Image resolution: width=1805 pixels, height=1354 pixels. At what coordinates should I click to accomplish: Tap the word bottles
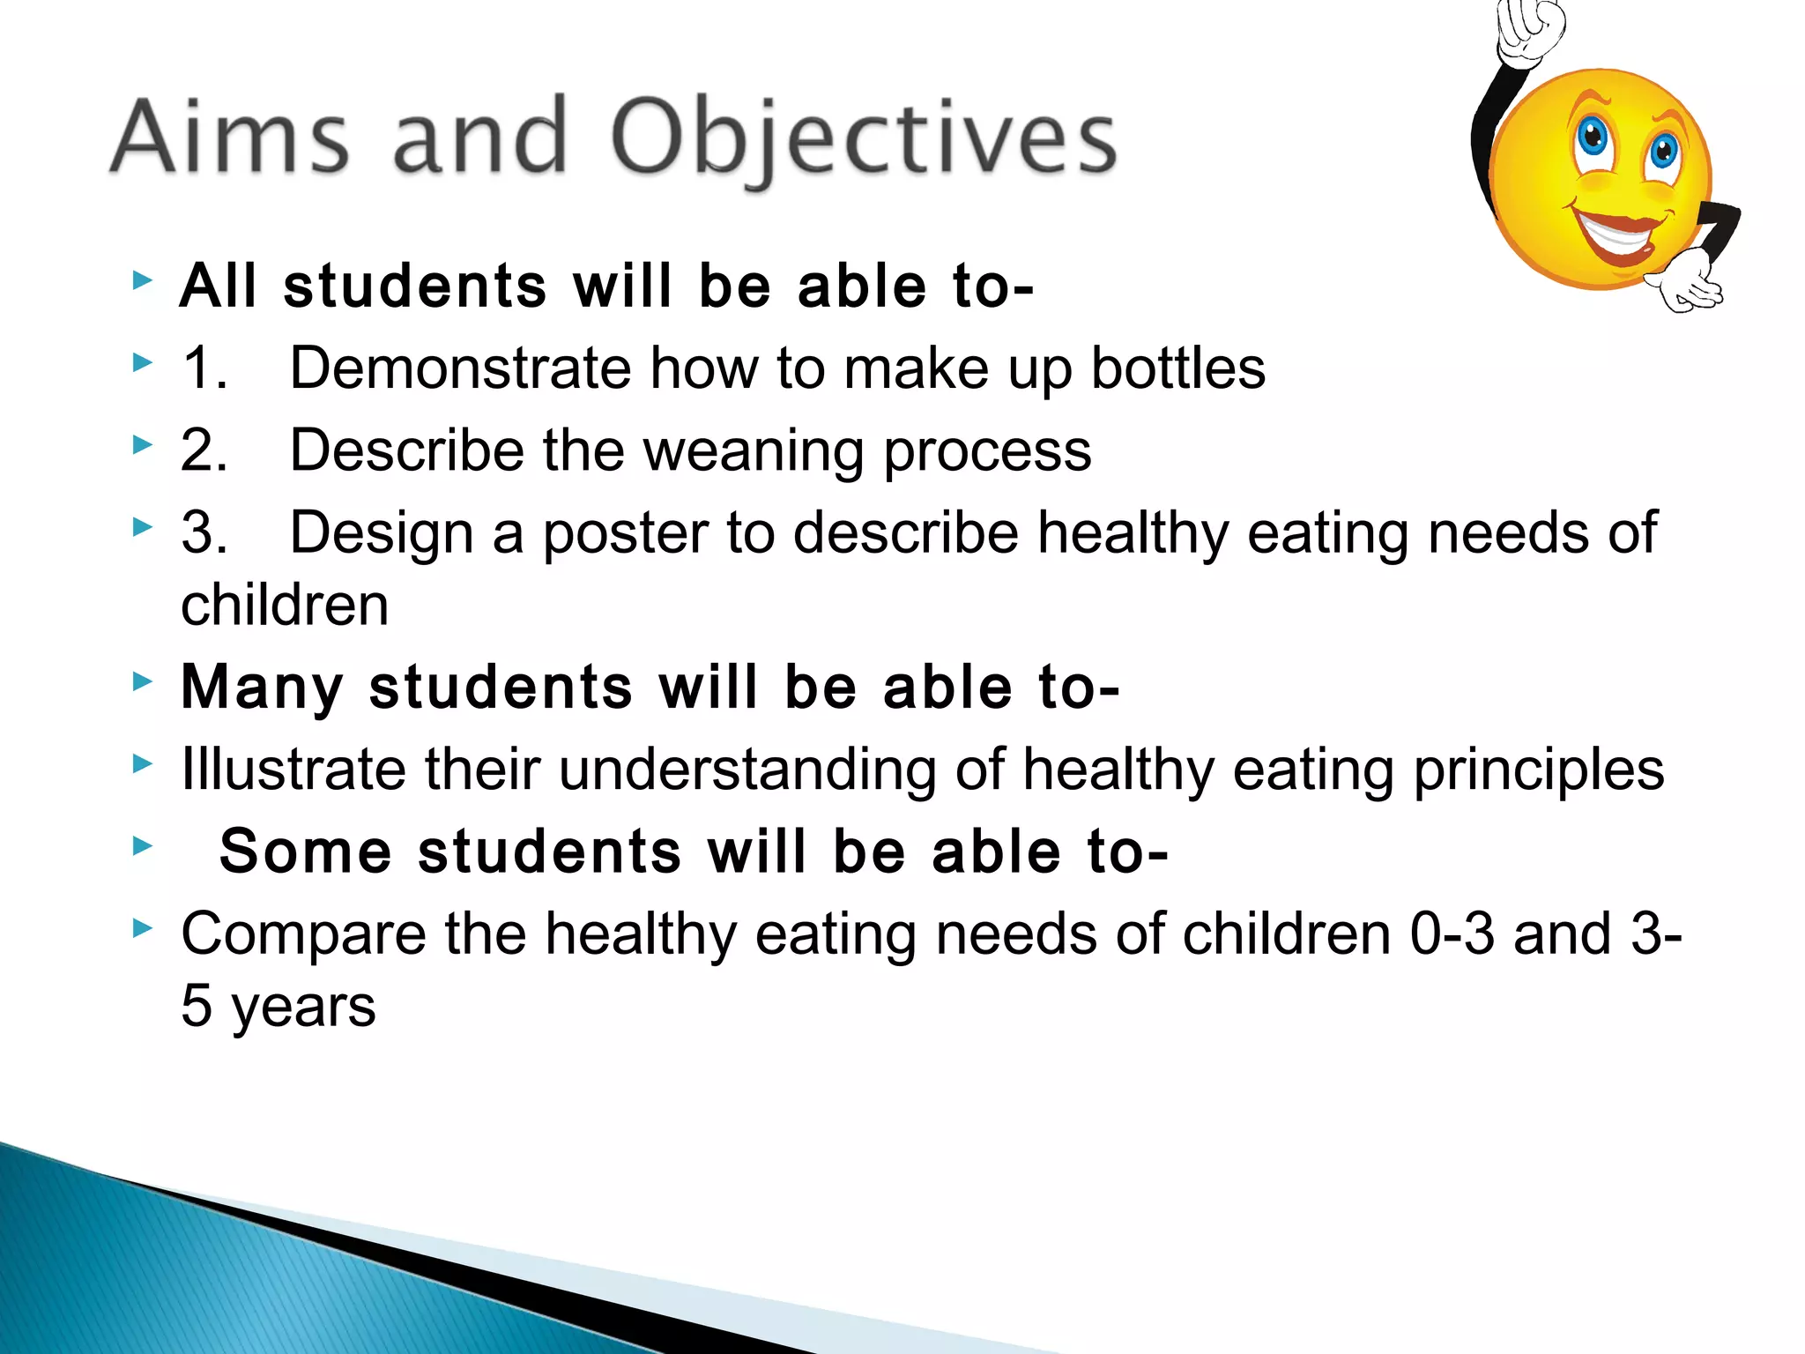[x=1177, y=368]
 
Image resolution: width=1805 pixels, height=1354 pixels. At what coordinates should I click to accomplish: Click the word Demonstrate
[x=460, y=368]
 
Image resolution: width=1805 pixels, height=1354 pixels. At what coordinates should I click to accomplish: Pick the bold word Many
[x=262, y=687]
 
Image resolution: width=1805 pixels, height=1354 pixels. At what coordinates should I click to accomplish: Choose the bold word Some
[x=306, y=852]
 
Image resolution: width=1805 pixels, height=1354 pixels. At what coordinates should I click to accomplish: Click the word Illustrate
[x=293, y=769]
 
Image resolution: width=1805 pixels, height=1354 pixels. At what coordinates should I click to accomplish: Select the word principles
[x=1539, y=770]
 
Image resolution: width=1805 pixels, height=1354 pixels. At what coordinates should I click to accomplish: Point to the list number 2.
[x=204, y=451]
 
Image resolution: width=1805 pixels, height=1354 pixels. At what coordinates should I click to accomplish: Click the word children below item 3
[x=285, y=606]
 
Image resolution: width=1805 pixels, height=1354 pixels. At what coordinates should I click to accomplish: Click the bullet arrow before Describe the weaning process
[x=142, y=445]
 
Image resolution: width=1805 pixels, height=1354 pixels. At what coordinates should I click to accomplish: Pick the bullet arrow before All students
[x=142, y=281]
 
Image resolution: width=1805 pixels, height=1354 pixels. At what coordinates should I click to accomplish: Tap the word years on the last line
[x=303, y=1008]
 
